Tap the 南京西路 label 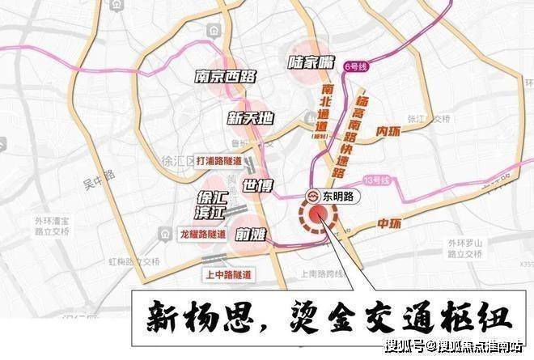[x=226, y=77]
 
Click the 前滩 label [x=253, y=235]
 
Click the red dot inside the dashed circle [x=319, y=214]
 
